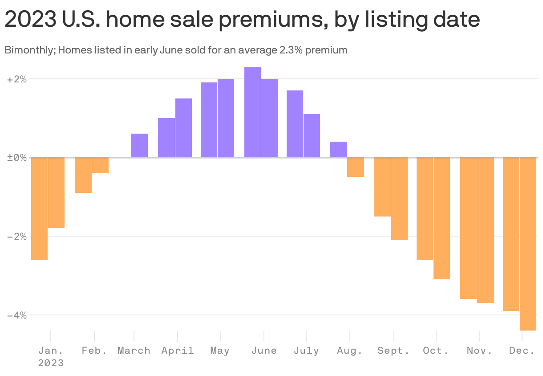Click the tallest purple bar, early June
[252, 112]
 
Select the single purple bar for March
[139, 145]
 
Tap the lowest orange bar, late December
[528, 244]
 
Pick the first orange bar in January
[39, 208]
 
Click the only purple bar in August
[338, 149]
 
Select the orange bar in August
[356, 167]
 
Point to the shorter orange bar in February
[100, 165]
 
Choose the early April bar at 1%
[166, 138]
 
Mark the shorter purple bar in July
[312, 135]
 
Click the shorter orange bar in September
[382, 187]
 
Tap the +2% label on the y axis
[17, 79]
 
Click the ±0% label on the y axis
[17, 158]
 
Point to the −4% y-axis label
[17, 315]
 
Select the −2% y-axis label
[17, 236]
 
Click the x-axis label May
[220, 351]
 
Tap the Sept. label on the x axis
[393, 351]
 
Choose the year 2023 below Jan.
[51, 363]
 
